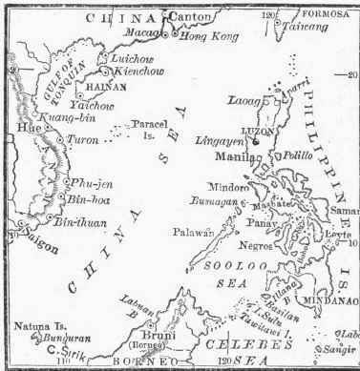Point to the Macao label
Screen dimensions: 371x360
tap(141, 31)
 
